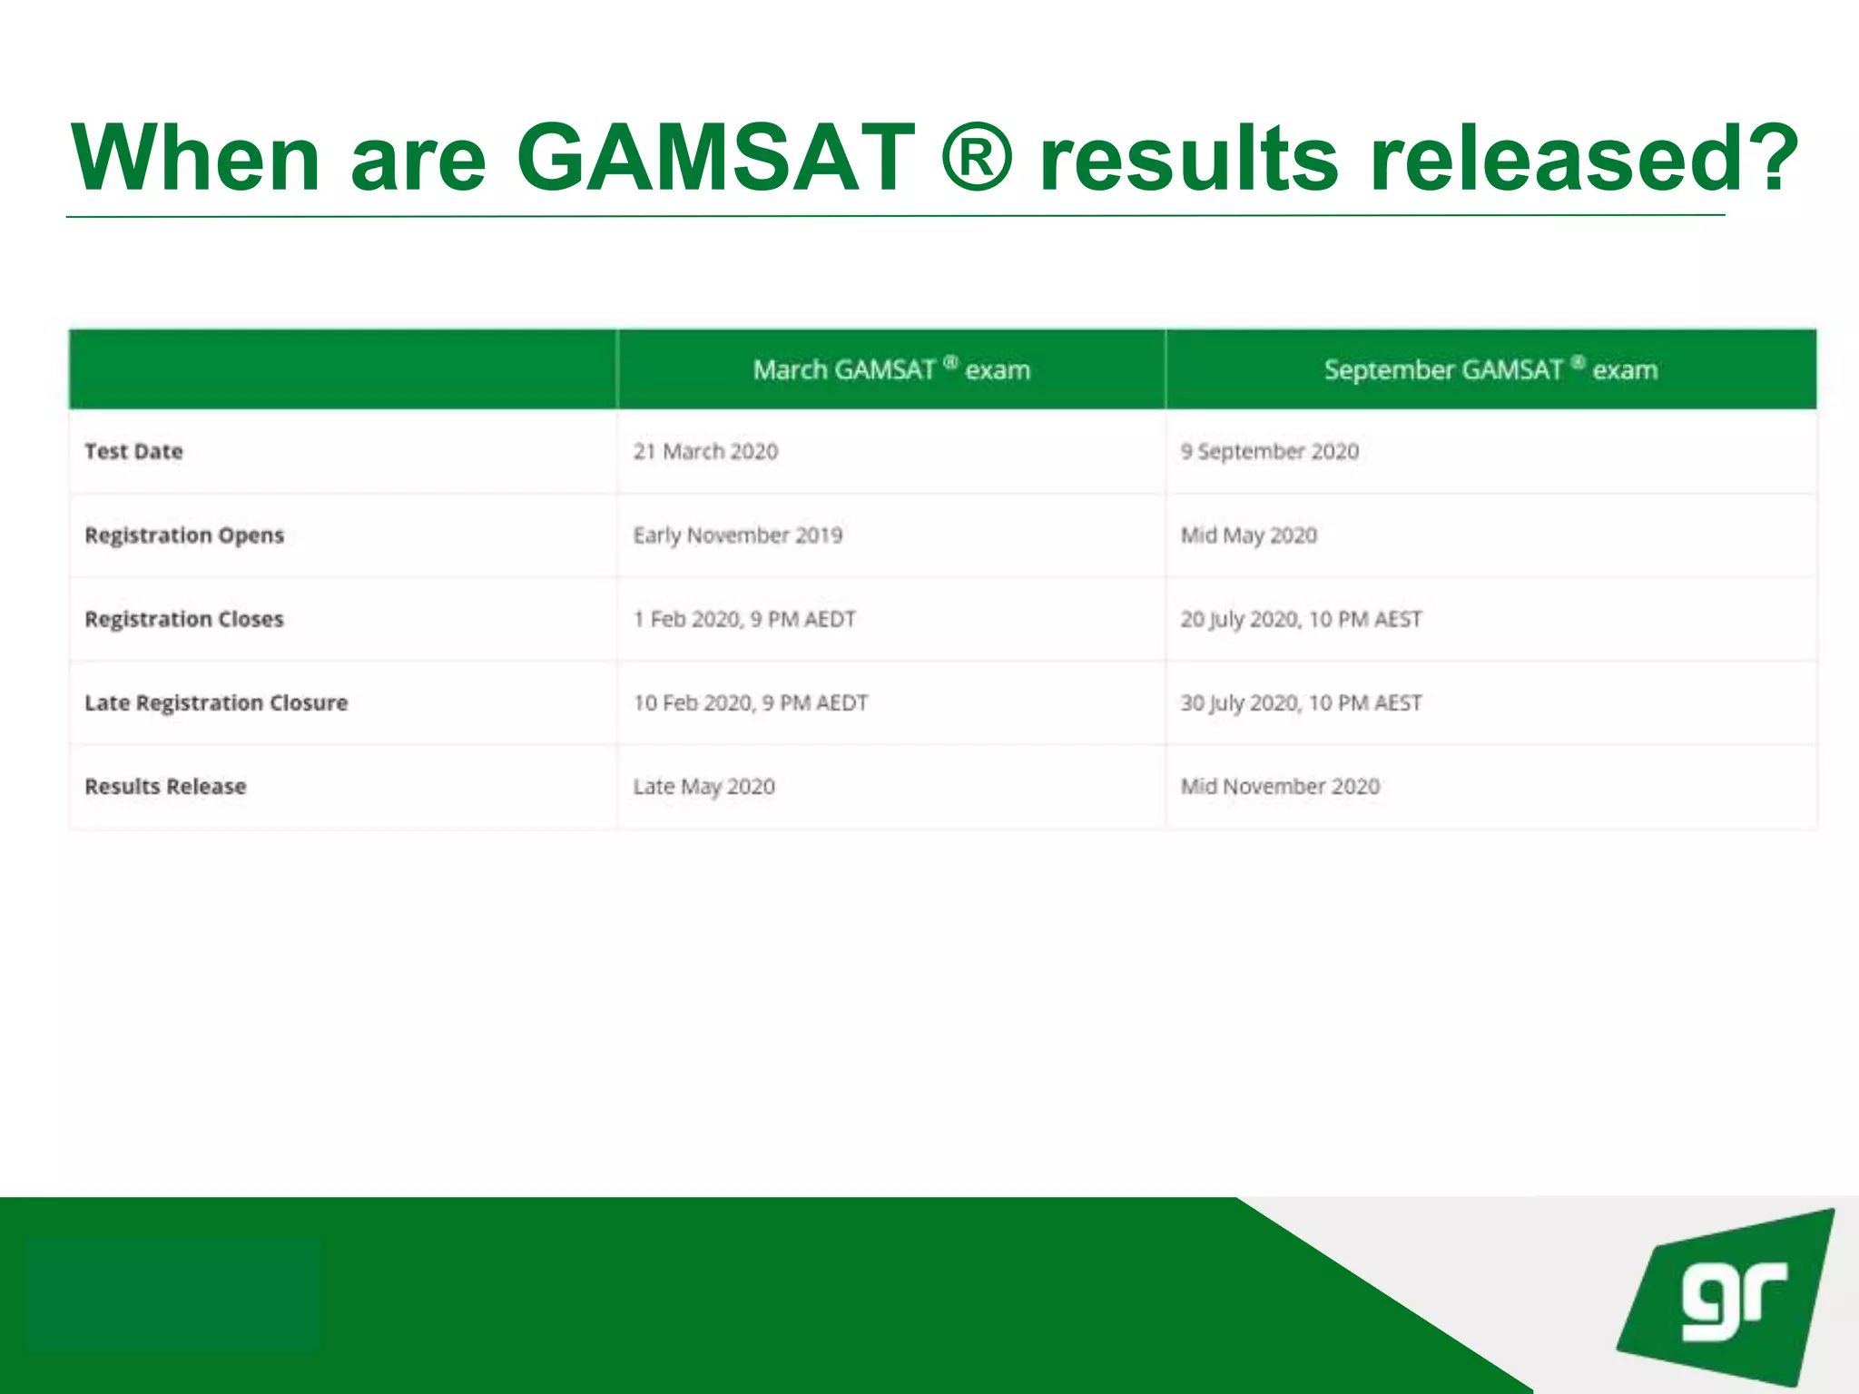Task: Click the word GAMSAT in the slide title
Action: pyautogui.click(x=716, y=158)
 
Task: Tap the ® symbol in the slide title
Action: pyautogui.click(x=977, y=158)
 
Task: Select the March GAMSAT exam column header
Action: pyautogui.click(x=891, y=369)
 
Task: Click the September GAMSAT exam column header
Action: pyautogui.click(x=1490, y=369)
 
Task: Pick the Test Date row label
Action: pyautogui.click(x=133, y=451)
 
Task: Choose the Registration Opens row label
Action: pyautogui.click(x=184, y=535)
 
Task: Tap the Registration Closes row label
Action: pyautogui.click(x=184, y=619)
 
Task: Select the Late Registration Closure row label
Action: pyautogui.click(x=216, y=702)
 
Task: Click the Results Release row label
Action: pyautogui.click(x=165, y=786)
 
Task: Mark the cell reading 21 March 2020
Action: pyautogui.click(x=705, y=451)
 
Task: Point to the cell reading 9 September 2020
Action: pyautogui.click(x=1269, y=451)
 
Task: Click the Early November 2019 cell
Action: pyautogui.click(x=738, y=535)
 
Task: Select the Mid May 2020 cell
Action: pyautogui.click(x=1248, y=535)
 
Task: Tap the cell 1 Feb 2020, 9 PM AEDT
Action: pyautogui.click(x=744, y=619)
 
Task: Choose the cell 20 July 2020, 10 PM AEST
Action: pyautogui.click(x=1301, y=619)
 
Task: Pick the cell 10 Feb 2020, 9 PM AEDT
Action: pyautogui.click(x=751, y=702)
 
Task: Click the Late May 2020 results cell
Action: pyautogui.click(x=704, y=786)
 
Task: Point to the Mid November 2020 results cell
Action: pyautogui.click(x=1280, y=786)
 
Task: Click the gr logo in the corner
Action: pyautogui.click(x=1729, y=1298)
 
